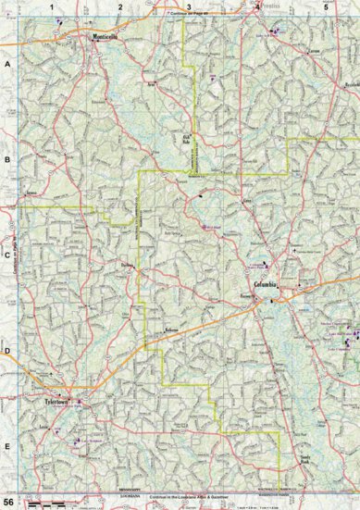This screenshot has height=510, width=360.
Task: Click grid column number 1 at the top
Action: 53,6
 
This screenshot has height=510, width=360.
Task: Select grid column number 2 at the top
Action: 120,6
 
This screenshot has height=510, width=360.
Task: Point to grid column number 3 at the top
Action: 189,6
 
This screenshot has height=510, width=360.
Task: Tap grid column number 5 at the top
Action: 325,6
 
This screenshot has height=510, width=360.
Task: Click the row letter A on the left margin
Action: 7,64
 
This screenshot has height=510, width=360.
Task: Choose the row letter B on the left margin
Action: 7,159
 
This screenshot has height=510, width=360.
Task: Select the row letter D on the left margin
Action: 7,350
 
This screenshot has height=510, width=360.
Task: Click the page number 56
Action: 9,501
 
